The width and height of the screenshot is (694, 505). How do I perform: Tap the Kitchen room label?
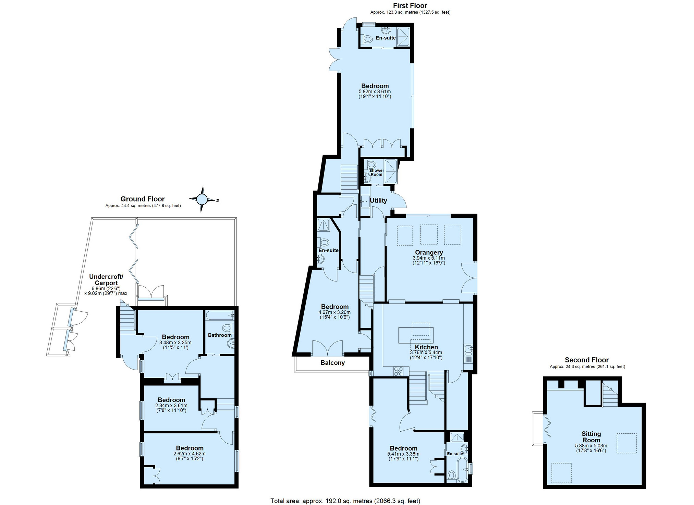426,347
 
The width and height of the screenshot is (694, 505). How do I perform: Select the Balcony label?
332,363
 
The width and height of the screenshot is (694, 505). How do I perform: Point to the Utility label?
378,201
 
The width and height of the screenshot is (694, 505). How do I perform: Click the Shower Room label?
376,172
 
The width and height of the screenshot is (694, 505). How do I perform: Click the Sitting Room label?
591,437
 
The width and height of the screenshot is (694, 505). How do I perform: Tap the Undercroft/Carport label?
106,280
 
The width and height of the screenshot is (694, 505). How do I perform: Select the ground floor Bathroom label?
220,335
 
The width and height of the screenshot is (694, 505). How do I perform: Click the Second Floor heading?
586,360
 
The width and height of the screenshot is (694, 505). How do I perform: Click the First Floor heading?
410,5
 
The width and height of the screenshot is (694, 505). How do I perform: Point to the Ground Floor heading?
143,199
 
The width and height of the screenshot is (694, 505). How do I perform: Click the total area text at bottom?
345,501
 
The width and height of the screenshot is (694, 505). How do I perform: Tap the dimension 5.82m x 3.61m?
375,92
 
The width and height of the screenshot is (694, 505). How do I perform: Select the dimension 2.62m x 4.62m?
190,454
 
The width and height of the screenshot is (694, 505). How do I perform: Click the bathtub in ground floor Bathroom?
219,315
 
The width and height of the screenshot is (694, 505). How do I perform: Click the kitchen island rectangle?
416,335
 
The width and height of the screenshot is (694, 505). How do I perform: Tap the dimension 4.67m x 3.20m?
334,313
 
